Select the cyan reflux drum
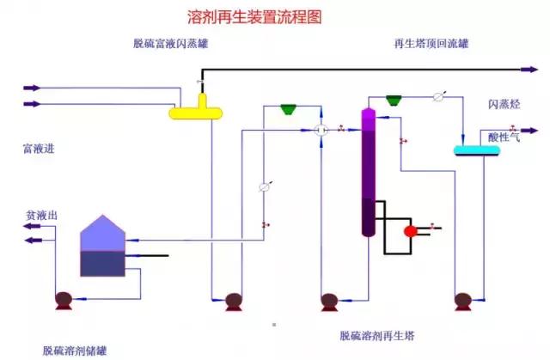coord(477,150)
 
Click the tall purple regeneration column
coord(369,172)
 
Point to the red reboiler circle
coord(411,229)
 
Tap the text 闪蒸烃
coord(504,105)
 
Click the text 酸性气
coord(504,136)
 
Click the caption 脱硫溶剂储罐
coord(75,350)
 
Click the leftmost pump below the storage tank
coord(63,301)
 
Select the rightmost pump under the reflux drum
coord(462,301)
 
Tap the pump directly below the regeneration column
coord(328,301)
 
